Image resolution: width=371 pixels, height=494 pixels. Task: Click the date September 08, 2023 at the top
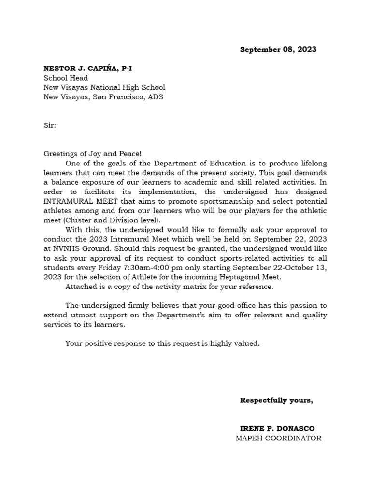pos(278,50)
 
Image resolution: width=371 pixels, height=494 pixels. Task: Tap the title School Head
pos(66,78)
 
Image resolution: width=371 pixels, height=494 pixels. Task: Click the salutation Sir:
pos(50,125)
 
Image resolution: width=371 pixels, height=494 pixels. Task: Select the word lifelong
pos(311,164)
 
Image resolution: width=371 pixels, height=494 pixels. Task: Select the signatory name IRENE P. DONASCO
pos(277,429)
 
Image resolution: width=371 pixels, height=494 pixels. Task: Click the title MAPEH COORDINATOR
pos(278,438)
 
